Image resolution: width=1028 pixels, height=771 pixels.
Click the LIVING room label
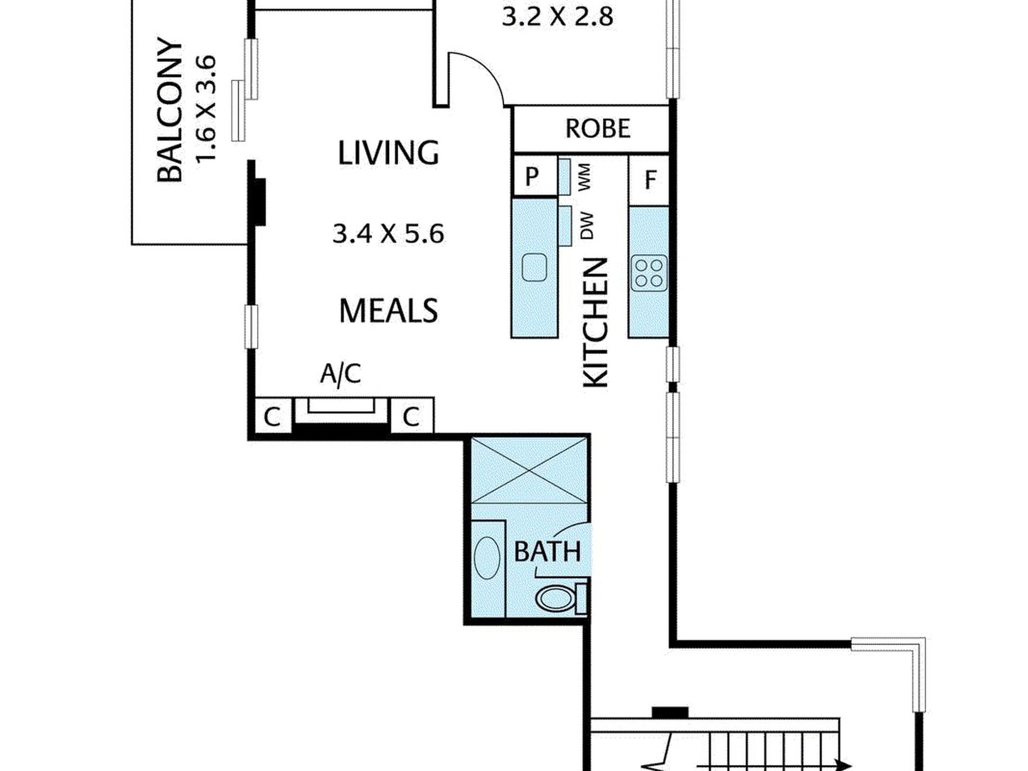coord(388,153)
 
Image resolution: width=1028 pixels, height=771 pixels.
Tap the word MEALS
coord(388,311)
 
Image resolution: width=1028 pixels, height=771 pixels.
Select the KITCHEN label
coord(596,322)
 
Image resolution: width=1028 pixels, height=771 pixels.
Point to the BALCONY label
coord(169,110)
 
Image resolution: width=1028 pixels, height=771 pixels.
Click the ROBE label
coord(598,128)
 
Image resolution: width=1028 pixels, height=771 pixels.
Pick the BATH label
coord(548,551)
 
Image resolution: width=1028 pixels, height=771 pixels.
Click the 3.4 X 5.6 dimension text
coord(388,234)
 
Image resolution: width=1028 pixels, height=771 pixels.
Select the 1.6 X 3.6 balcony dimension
coord(206,108)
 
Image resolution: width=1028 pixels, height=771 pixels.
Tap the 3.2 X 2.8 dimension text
coord(557,17)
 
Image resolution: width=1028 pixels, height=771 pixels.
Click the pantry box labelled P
coord(534,175)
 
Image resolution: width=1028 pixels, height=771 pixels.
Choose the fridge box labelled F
coord(649,180)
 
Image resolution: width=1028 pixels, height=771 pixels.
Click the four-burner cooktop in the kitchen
coord(649,273)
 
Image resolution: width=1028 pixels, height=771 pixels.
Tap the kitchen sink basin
coord(535,268)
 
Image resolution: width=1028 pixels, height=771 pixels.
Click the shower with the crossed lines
coord(529,470)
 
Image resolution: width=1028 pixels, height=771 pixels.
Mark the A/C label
coord(340,373)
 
